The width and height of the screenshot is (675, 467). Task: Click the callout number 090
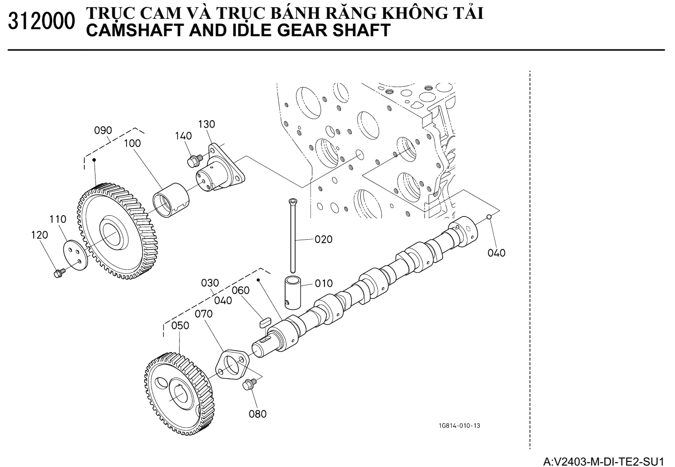coord(103,130)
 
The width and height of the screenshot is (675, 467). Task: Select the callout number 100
coord(132,144)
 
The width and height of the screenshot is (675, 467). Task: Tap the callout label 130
coord(206,124)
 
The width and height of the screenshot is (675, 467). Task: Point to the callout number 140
coord(183,136)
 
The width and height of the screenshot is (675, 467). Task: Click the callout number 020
coord(324,239)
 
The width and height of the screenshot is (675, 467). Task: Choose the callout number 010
coord(324,283)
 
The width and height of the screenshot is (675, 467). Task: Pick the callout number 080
coord(258,414)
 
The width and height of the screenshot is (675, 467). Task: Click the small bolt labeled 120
coord(59,273)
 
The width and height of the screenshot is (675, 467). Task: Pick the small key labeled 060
coord(266,321)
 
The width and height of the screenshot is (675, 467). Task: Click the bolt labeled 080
coord(248,386)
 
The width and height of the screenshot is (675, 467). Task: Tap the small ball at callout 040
coord(489,217)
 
